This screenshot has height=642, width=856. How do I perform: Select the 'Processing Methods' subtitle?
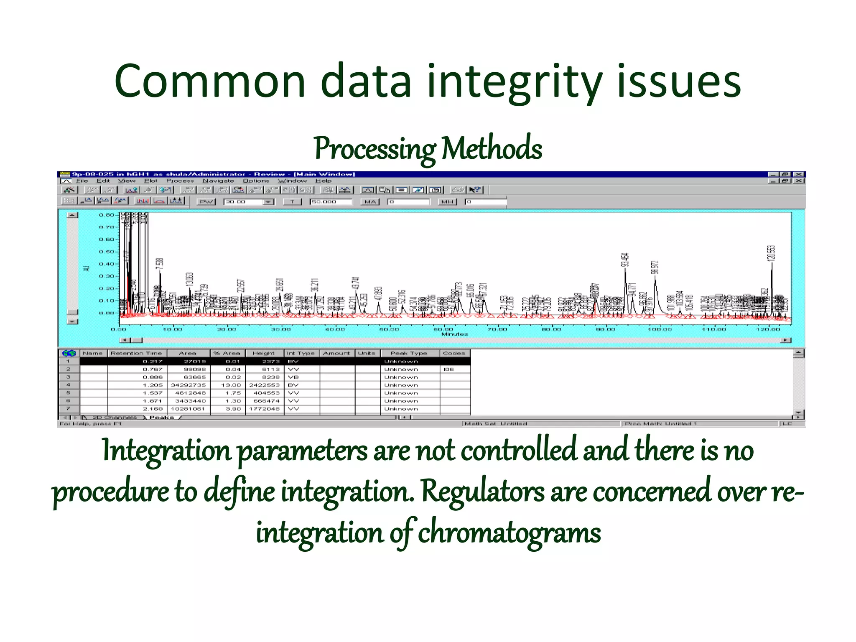point(428,149)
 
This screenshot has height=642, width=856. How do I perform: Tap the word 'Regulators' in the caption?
point(482,492)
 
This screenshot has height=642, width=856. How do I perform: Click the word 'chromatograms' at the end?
point(510,533)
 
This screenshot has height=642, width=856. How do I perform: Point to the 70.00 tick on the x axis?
point(497,329)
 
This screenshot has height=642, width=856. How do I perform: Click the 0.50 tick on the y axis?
point(107,252)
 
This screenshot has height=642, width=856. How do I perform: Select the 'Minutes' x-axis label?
point(454,334)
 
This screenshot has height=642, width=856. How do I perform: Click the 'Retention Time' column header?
point(136,353)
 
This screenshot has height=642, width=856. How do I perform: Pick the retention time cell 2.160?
point(153,409)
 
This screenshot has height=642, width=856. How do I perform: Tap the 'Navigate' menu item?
point(218,181)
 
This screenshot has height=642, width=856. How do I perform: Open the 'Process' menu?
point(180,181)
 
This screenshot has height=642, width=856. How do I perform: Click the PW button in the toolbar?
point(206,202)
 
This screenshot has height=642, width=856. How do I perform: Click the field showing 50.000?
point(330,202)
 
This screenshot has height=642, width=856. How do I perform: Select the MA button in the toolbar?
point(370,202)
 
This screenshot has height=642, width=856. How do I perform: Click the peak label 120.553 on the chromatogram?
point(771,253)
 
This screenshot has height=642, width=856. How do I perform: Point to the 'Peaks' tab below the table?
point(161,418)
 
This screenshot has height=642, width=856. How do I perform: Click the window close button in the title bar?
point(799,174)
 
